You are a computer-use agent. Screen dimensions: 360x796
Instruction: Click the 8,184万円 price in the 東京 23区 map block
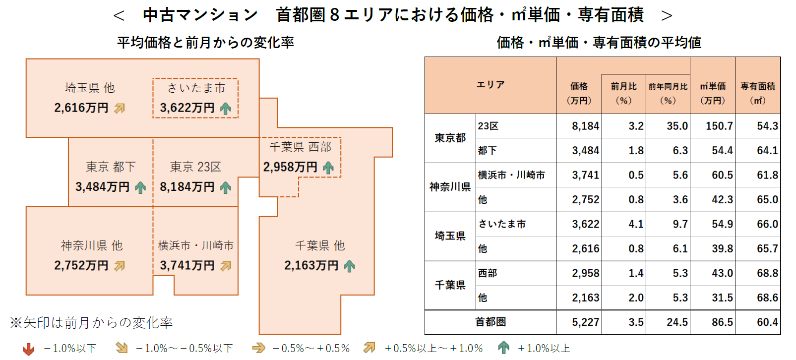pyautogui.click(x=187, y=187)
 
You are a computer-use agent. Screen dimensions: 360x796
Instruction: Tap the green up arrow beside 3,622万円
pyautogui.click(x=226, y=108)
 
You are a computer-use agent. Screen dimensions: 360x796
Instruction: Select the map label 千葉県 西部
pyautogui.click(x=300, y=147)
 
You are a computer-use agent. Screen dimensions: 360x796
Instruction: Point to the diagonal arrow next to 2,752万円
pyautogui.click(x=120, y=266)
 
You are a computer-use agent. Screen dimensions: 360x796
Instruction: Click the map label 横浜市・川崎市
pyautogui.click(x=195, y=245)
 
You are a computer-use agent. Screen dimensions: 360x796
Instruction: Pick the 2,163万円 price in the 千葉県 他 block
pyautogui.click(x=311, y=266)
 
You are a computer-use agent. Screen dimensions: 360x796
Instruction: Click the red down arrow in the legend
pyautogui.click(x=29, y=349)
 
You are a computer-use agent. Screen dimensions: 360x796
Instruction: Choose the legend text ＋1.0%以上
pyautogui.click(x=544, y=349)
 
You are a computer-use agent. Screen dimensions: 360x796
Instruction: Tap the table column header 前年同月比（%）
pyautogui.click(x=668, y=93)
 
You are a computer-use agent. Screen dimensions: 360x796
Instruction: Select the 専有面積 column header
pyautogui.click(x=758, y=93)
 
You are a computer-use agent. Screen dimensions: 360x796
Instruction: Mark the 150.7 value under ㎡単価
pyautogui.click(x=719, y=126)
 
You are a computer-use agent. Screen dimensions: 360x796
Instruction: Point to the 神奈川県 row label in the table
pyautogui.click(x=450, y=187)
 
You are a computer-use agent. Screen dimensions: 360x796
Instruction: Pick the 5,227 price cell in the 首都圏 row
pyautogui.click(x=585, y=322)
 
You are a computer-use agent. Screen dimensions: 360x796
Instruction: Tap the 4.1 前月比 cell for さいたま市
pyautogui.click(x=636, y=224)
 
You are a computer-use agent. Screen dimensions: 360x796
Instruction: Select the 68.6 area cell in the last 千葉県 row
pyautogui.click(x=767, y=298)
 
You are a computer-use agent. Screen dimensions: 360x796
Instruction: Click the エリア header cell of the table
pyautogui.click(x=490, y=85)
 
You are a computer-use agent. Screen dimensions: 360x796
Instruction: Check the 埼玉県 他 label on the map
pyautogui.click(x=90, y=88)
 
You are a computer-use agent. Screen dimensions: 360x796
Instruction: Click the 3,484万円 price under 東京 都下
pyautogui.click(x=102, y=187)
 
